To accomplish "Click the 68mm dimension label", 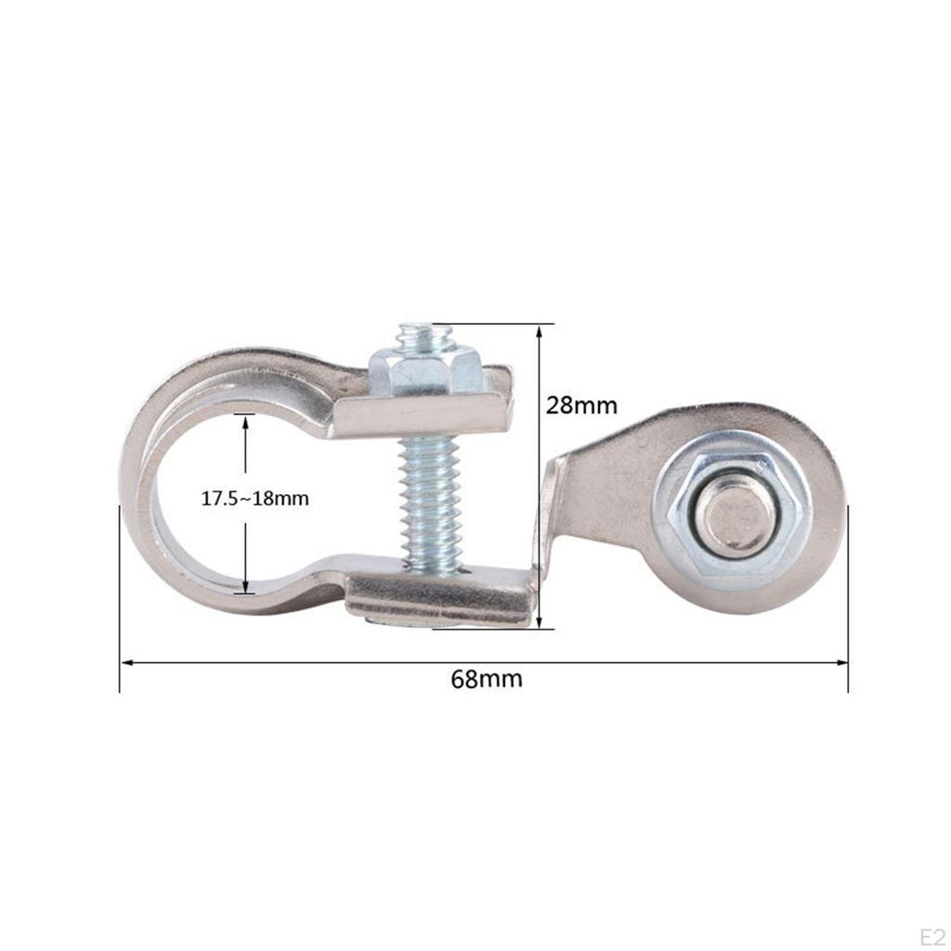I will pos(486,679).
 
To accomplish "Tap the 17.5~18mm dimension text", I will pos(254,499).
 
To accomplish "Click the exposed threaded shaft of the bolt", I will pos(430,502).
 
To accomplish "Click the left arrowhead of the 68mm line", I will pos(127,662).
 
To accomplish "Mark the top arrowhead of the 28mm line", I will pos(540,331).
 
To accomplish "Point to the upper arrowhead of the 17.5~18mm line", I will pos(245,421).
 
